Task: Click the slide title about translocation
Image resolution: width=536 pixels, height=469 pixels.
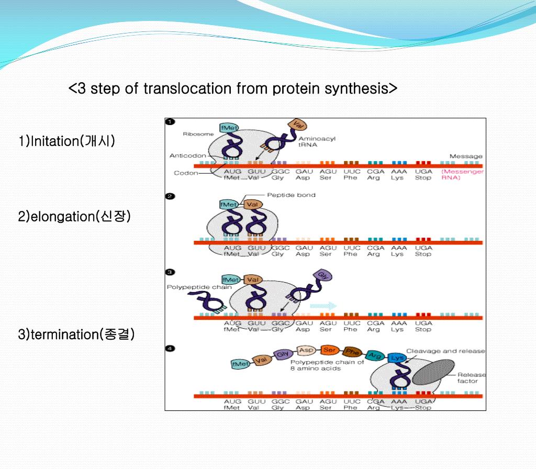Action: [x=233, y=88]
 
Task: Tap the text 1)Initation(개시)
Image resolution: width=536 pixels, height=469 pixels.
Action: [x=66, y=141]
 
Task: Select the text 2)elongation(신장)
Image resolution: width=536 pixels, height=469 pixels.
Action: [x=74, y=216]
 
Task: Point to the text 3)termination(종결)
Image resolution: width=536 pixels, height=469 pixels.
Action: [x=76, y=334]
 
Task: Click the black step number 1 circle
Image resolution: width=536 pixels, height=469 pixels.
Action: [x=170, y=122]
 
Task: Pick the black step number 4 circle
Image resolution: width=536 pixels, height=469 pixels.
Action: [x=170, y=349]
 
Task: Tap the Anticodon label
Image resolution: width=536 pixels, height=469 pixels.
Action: [x=187, y=155]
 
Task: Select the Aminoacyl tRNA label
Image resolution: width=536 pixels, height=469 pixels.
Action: [x=317, y=142]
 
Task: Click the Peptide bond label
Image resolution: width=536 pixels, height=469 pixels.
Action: [x=291, y=195]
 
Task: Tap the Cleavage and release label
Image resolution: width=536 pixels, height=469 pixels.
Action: [x=445, y=351]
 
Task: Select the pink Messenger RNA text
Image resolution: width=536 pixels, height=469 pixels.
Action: [x=463, y=174]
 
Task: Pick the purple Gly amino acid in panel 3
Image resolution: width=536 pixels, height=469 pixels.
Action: [x=320, y=275]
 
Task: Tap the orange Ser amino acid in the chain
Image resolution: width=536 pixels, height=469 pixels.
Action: [x=329, y=350]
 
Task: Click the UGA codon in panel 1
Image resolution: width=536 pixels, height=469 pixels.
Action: [x=423, y=171]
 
